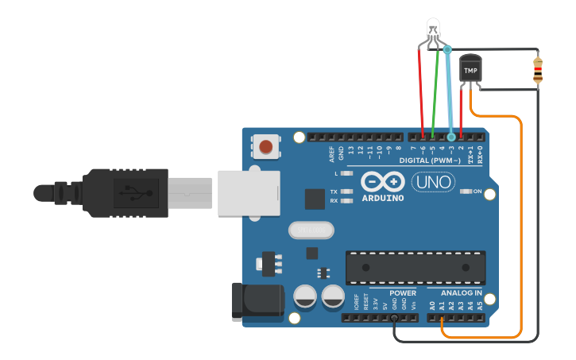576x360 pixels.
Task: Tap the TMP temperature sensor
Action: tap(471, 70)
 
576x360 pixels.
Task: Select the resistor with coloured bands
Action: tap(539, 70)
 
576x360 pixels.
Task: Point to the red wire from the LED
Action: tap(421, 87)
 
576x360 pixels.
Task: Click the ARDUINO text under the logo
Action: tap(383, 197)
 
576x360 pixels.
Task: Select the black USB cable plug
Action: tap(127, 192)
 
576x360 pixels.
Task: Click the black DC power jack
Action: tap(256, 300)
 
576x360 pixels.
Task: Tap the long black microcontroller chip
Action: tap(416, 267)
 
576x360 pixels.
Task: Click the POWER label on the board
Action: tap(403, 293)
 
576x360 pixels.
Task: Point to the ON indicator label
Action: tap(477, 192)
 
